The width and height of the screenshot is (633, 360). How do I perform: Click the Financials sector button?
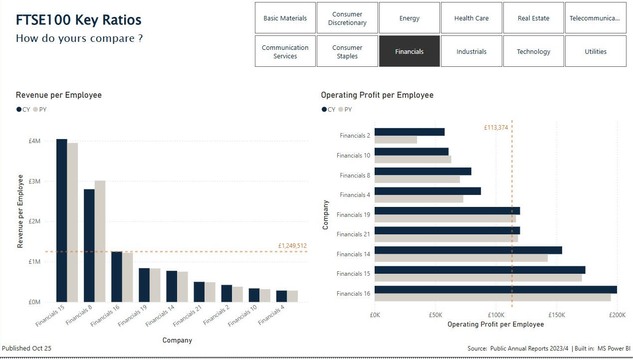point(409,51)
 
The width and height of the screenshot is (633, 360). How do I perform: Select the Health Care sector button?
point(471,18)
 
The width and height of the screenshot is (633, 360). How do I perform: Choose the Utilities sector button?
point(595,51)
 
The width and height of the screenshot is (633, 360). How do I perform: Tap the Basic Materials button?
point(285,18)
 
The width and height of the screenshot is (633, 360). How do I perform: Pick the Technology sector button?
point(533,51)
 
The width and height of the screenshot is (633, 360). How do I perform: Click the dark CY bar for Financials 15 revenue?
point(61,219)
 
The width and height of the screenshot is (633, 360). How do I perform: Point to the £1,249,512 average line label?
point(292,246)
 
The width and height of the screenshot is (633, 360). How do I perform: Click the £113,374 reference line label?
point(496,128)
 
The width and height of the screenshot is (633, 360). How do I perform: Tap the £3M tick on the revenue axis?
point(34,181)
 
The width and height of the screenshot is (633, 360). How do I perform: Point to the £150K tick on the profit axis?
point(556,315)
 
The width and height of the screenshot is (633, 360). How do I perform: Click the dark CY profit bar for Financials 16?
point(495,290)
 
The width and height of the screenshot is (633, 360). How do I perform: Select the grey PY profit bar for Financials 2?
point(396,140)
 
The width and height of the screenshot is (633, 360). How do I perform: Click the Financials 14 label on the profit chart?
point(353,254)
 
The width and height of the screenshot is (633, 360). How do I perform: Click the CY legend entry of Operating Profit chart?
point(329,110)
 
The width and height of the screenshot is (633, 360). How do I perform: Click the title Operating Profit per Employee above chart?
point(377,95)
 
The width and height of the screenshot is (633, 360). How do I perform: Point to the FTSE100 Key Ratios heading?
point(78,20)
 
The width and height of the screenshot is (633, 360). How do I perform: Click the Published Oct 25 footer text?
point(26,348)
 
